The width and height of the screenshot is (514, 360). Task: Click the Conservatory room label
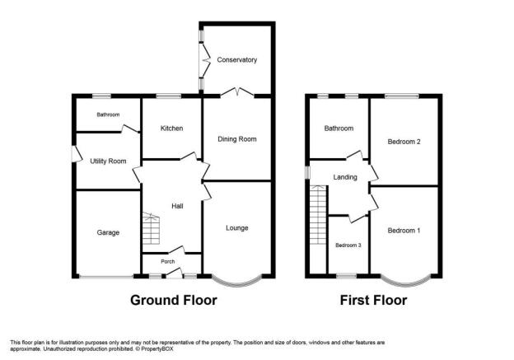(x=236, y=60)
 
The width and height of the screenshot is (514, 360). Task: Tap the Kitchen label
(x=171, y=129)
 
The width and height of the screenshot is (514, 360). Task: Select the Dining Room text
(x=237, y=139)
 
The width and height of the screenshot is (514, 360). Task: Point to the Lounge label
(x=237, y=228)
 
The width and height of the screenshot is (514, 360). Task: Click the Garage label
(x=108, y=232)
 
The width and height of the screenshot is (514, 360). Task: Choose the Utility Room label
(x=108, y=161)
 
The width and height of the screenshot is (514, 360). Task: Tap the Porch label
(x=167, y=262)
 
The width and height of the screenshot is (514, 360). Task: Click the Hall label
(x=177, y=206)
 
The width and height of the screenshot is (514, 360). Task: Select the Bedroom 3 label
(x=348, y=245)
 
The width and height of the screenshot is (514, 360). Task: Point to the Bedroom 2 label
(x=404, y=142)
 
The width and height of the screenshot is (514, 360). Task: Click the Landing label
(x=345, y=177)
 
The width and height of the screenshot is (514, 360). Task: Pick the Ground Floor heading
(x=174, y=301)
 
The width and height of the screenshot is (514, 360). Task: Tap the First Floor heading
(x=373, y=301)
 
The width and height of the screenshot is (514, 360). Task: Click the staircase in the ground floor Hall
(x=151, y=228)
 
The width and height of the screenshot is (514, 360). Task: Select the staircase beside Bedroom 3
(x=318, y=215)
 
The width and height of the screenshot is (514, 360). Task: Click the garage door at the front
(x=106, y=278)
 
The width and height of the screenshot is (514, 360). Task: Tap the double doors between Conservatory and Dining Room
(x=237, y=92)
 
